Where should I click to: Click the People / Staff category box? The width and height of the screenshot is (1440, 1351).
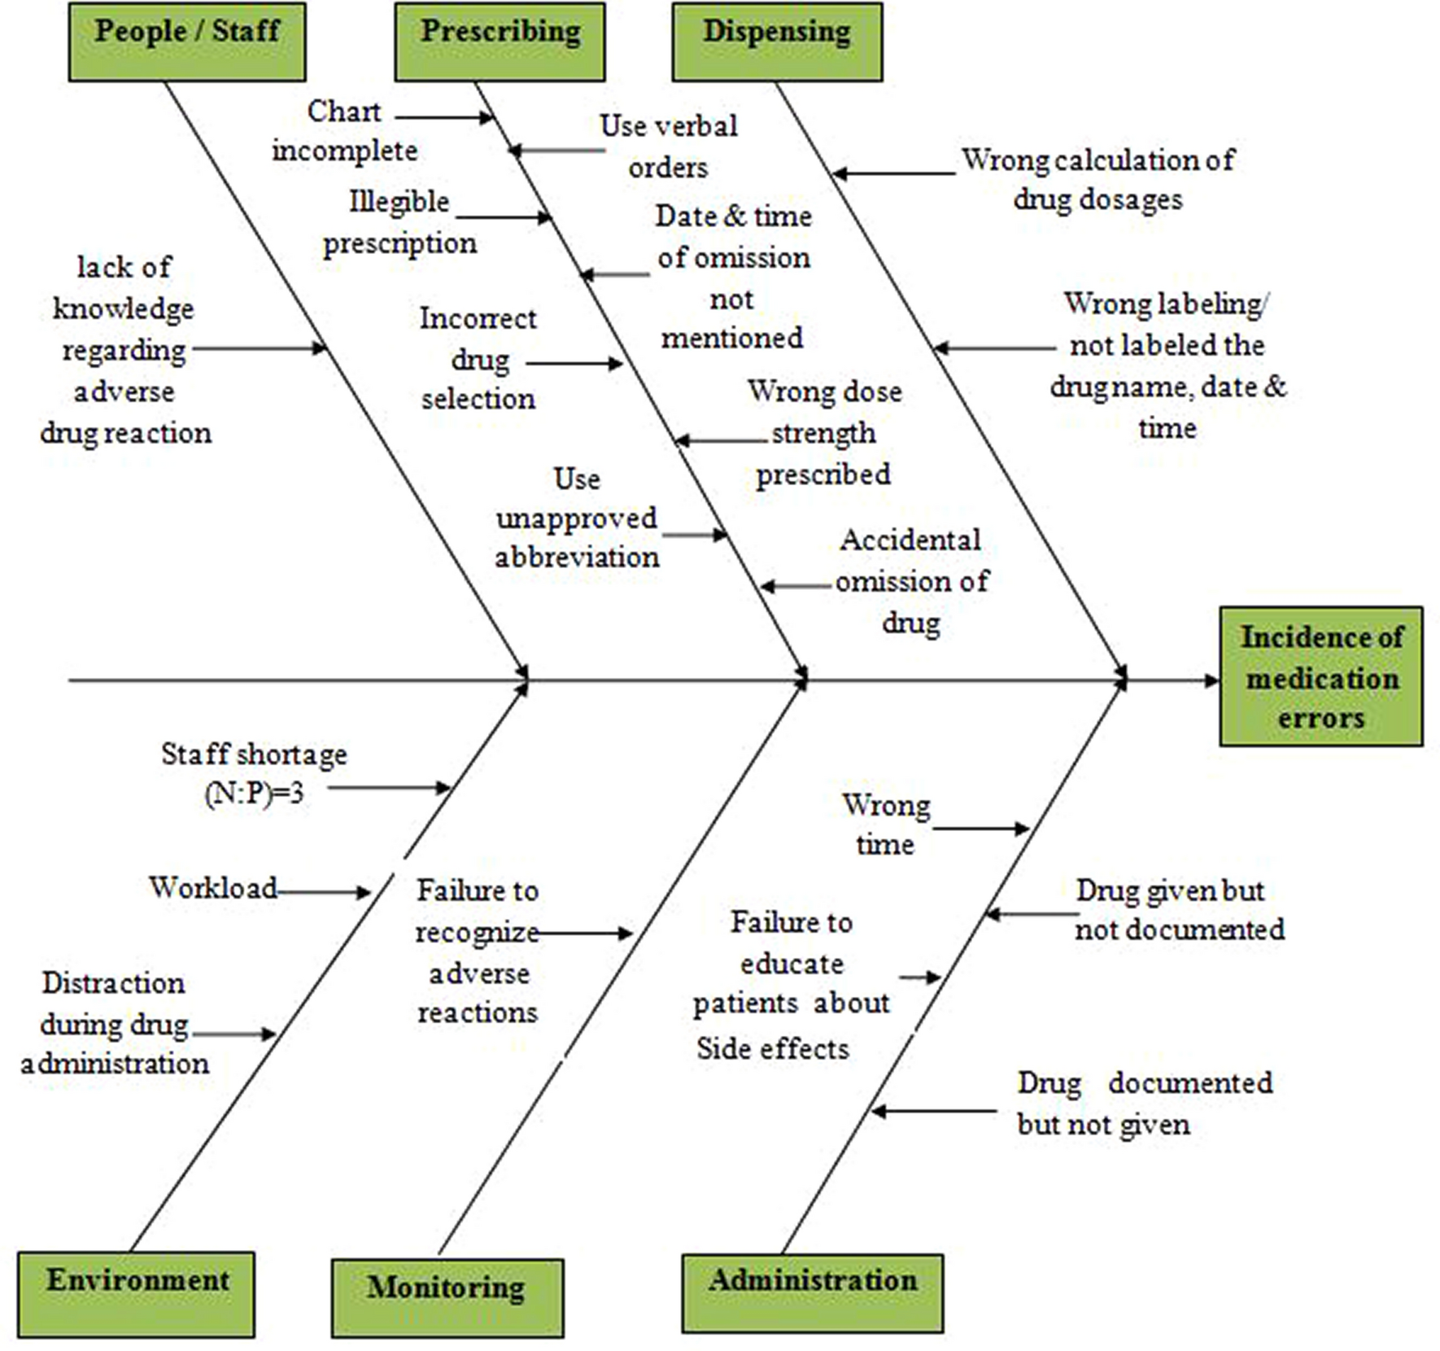[x=187, y=42]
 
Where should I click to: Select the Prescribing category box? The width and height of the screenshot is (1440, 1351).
[x=500, y=42]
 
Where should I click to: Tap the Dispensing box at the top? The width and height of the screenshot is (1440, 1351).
[x=777, y=42]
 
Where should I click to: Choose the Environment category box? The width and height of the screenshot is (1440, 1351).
[x=136, y=1294]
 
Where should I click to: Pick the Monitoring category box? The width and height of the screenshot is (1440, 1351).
[x=447, y=1298]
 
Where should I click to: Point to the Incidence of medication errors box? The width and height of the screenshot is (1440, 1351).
[x=1320, y=676]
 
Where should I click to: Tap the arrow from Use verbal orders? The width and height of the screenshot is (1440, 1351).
[x=556, y=151]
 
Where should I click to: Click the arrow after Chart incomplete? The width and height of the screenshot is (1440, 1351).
[x=444, y=118]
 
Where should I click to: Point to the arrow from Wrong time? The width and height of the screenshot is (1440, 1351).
[x=980, y=829]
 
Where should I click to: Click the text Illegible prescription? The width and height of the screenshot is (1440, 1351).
[x=399, y=222]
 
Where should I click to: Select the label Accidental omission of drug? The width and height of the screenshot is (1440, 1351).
[x=911, y=581]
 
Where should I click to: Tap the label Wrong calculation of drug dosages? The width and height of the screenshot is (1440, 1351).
[x=1097, y=179]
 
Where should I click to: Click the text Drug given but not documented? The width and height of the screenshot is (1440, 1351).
[x=1179, y=910]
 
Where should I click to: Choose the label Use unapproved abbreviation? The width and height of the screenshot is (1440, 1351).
[x=577, y=518]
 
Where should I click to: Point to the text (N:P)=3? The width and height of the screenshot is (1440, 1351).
[x=255, y=793]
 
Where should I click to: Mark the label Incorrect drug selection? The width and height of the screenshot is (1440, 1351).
[x=478, y=358]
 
